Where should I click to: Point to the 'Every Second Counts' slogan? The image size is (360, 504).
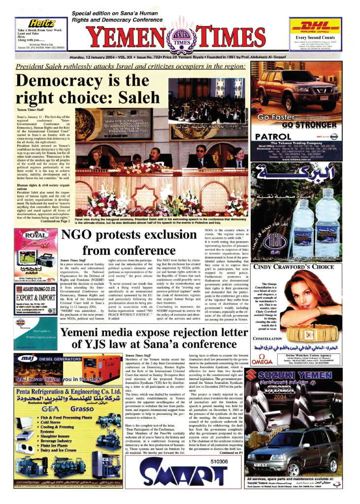tap(315, 37)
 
